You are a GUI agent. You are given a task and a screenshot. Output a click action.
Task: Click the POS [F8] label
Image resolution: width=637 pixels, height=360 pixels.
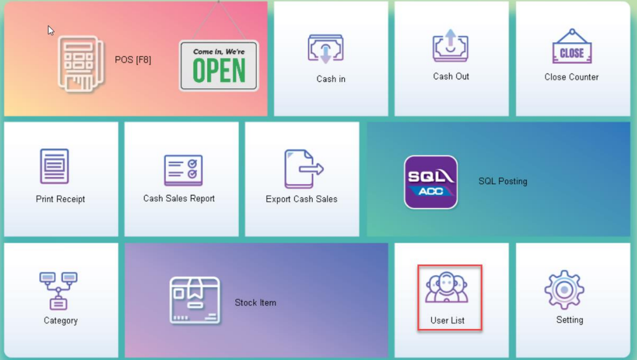[x=133, y=60]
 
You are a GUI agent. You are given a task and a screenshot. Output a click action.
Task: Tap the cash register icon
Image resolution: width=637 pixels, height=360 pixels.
[x=81, y=64]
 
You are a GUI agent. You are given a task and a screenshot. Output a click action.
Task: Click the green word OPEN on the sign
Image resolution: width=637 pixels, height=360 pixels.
[x=219, y=71]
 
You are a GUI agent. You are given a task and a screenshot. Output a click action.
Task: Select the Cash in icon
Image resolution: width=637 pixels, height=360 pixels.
[x=326, y=49]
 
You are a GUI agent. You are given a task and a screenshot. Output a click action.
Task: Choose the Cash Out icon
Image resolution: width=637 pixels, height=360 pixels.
[x=450, y=45]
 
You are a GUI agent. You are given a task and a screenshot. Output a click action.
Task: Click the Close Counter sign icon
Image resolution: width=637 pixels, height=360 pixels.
[x=572, y=47]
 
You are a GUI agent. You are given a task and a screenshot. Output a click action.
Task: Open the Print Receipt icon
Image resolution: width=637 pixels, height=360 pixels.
[x=55, y=166]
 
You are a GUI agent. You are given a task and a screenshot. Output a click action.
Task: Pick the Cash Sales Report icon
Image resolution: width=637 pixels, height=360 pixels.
[x=183, y=170]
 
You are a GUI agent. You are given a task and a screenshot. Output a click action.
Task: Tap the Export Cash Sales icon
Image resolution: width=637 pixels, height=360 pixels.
[x=303, y=169]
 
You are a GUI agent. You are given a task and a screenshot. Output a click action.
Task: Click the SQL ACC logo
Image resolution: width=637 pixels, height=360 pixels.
[x=430, y=182]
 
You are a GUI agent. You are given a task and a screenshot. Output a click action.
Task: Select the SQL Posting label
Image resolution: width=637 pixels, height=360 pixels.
[x=502, y=181]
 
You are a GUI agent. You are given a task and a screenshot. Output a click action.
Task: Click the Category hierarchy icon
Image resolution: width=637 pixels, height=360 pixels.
[x=58, y=290]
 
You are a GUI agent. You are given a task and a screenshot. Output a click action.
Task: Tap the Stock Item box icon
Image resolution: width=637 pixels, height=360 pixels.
[x=195, y=300]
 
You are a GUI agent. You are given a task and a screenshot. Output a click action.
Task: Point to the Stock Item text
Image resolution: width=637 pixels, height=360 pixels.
[x=256, y=303]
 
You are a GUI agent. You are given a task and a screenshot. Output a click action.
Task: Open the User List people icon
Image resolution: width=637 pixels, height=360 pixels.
[x=447, y=287]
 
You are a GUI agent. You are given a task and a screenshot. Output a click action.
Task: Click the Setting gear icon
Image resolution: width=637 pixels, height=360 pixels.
[x=564, y=290]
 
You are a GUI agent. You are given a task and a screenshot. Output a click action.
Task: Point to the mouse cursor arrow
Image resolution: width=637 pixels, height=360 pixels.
[x=50, y=30]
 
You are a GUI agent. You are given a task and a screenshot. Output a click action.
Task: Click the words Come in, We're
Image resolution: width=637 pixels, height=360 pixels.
[x=219, y=52]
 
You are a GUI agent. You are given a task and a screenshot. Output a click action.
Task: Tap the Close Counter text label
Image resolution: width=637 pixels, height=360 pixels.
[x=571, y=77]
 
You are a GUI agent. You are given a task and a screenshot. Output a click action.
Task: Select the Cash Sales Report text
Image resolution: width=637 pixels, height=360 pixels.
[x=179, y=198]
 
